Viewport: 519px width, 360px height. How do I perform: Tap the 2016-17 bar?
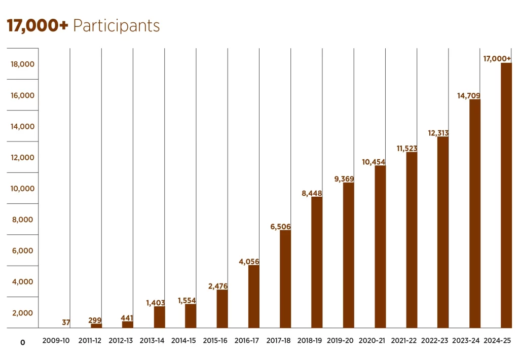(x=254, y=297)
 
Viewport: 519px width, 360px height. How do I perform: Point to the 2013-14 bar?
(x=159, y=317)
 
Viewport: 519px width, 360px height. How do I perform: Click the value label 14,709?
(x=469, y=95)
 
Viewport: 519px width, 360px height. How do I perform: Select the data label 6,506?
(x=280, y=227)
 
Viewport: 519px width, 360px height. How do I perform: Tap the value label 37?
(x=66, y=322)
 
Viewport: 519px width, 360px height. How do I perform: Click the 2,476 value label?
(x=218, y=286)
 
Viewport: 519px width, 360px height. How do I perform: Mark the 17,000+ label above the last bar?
(x=497, y=59)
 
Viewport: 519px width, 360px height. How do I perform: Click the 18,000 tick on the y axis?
(x=23, y=64)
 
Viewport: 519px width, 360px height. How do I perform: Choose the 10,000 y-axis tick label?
(x=23, y=189)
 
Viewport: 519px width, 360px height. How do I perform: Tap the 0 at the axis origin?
(x=22, y=343)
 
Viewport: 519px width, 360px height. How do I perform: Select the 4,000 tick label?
(x=23, y=282)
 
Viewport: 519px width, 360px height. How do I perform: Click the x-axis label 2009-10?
(x=56, y=341)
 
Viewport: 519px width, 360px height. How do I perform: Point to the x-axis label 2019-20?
(x=341, y=341)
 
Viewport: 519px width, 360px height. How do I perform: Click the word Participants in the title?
(x=116, y=26)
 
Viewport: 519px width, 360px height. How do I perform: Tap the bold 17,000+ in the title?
(x=37, y=26)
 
